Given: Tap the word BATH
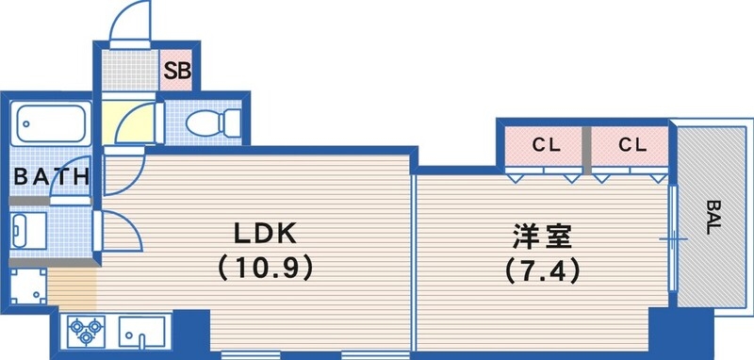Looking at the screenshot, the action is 51,176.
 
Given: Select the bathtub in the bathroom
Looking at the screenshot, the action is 52,123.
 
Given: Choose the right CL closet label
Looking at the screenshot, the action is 631,145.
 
